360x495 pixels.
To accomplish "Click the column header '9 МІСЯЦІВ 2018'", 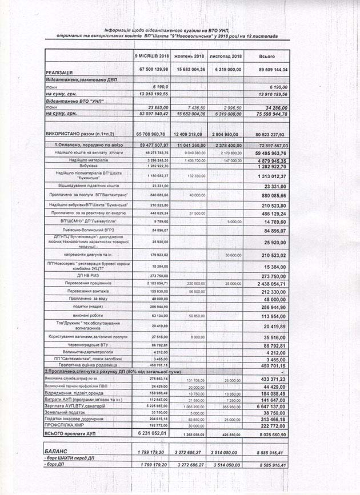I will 152,57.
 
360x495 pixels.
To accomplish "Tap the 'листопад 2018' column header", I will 226,57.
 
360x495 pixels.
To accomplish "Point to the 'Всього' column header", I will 267,57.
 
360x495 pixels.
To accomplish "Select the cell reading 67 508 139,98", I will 151,69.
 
